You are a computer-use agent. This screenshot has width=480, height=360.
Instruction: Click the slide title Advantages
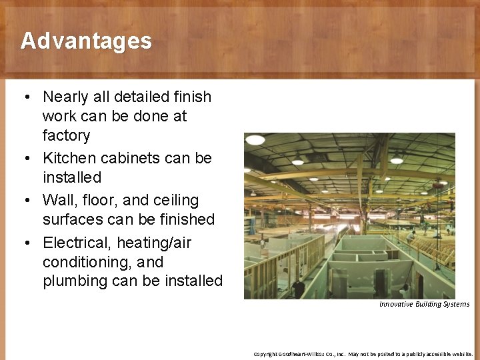[x=86, y=41]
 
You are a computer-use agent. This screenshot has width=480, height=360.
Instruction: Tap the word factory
[x=66, y=135]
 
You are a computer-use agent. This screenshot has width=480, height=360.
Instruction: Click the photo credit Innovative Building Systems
[x=424, y=304]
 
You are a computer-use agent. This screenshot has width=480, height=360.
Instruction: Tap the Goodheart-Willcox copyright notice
[x=363, y=354]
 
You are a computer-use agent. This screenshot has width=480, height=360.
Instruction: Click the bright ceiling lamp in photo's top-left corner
[x=255, y=141]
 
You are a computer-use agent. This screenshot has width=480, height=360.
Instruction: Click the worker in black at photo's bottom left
[x=298, y=289]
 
